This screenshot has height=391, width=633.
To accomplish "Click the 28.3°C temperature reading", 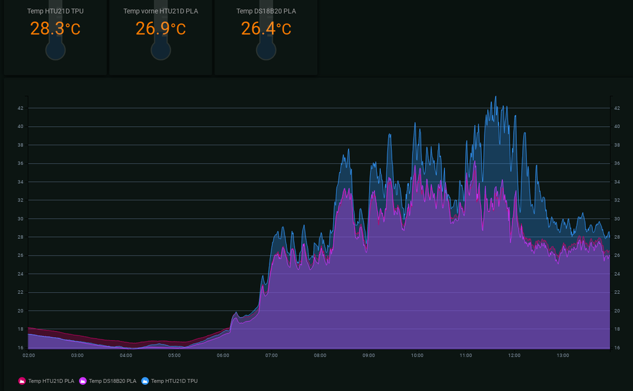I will [x=56, y=28].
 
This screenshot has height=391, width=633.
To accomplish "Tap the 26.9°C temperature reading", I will [x=161, y=28].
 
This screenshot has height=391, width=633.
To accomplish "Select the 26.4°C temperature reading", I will [x=266, y=28].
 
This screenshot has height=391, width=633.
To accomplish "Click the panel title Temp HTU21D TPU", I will [x=56, y=11].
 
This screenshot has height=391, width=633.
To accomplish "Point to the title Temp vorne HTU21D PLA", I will [x=161, y=11].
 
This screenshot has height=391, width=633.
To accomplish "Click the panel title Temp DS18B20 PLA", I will [x=266, y=11].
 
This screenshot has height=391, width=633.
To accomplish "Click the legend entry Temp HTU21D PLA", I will [x=51, y=381].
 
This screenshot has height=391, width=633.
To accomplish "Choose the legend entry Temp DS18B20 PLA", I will [x=111, y=381].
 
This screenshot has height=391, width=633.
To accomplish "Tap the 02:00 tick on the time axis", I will [x=28, y=356].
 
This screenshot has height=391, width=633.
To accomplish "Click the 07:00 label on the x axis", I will [x=271, y=356].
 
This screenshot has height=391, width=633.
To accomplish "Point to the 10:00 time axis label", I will [x=417, y=356].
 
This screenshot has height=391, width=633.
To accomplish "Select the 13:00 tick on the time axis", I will [x=563, y=356].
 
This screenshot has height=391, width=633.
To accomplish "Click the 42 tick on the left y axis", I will [x=20, y=108].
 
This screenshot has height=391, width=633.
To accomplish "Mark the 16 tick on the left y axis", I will [x=20, y=348].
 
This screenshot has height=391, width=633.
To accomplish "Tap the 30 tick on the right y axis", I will [x=617, y=219].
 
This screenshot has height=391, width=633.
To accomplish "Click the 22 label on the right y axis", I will [x=617, y=293].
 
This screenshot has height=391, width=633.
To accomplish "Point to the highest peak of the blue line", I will [x=495, y=97].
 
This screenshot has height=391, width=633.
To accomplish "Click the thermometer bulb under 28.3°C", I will [x=56, y=49].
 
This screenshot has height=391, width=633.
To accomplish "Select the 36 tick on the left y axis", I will [x=20, y=164].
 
